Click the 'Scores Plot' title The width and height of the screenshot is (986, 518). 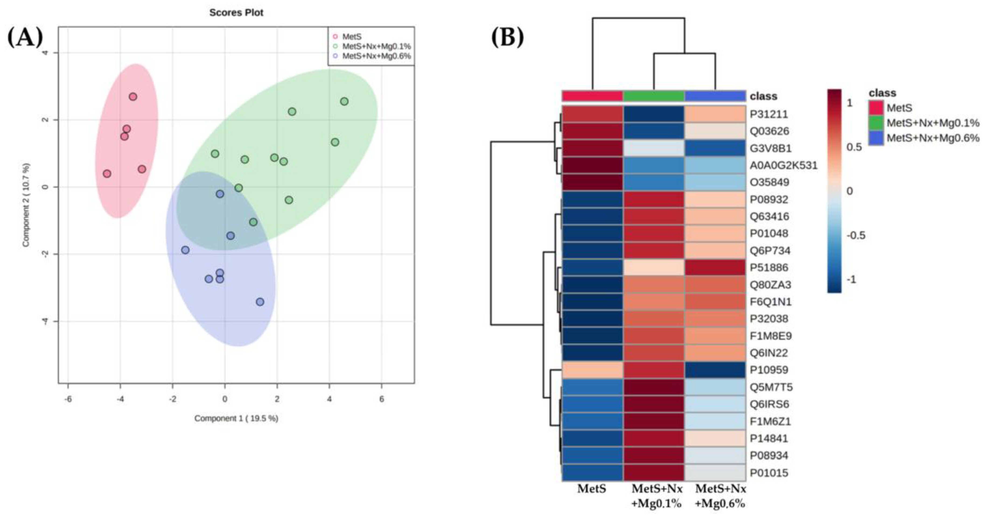236,13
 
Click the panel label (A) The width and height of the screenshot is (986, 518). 25,37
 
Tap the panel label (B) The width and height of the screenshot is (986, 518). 508,37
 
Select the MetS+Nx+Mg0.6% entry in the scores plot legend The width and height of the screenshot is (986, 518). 376,56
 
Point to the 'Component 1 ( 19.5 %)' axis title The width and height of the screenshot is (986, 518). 236,418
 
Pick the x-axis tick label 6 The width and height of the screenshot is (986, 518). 382,399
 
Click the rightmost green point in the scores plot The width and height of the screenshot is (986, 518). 344,101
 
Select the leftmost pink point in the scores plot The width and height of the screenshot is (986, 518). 107,174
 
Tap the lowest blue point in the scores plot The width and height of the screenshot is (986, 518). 260,302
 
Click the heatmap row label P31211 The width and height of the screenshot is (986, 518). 769,114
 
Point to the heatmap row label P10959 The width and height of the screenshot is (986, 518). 769,370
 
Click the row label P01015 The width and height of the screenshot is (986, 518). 769,473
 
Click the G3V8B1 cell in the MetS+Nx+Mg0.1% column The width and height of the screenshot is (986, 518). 654,148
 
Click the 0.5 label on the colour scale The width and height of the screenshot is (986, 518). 854,147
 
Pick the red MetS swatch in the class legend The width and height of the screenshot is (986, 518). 876,108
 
